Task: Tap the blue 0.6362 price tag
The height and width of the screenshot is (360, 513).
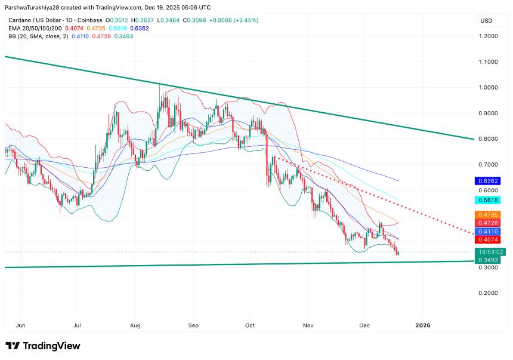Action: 487,181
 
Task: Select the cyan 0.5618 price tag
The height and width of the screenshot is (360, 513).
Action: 487,200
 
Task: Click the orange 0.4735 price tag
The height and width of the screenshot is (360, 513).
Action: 487,215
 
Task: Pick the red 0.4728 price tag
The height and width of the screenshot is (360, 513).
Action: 487,223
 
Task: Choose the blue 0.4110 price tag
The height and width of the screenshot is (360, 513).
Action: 487,232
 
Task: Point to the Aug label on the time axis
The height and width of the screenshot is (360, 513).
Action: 135,325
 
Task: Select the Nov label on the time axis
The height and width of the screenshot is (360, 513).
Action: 308,325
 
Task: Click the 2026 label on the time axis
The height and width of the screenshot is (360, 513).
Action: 422,325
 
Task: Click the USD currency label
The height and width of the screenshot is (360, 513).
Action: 486,21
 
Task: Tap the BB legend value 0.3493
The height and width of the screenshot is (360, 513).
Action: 123,36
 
